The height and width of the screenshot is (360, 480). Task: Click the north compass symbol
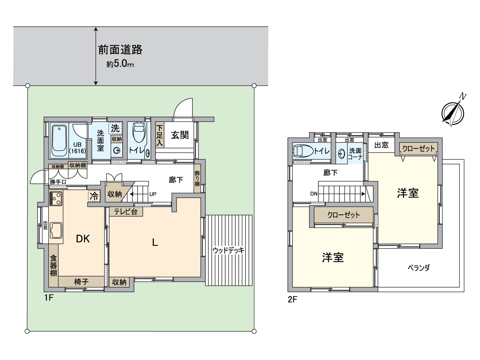453,113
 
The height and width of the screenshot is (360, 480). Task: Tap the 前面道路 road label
120,50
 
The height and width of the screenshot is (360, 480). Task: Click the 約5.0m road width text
120,64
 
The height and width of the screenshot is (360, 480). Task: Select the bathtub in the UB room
59,141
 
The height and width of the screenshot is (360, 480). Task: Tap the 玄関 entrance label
180,135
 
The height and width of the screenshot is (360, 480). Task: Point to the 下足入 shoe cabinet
159,136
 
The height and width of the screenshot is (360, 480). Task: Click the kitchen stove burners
56,198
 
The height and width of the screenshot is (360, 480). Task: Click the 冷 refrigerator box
94,196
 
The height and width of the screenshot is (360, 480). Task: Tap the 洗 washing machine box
115,128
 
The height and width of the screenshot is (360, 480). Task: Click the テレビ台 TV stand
126,211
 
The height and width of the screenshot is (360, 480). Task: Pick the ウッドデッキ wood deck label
228,250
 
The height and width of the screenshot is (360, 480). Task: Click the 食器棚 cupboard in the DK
53,265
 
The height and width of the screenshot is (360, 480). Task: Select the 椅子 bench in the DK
81,282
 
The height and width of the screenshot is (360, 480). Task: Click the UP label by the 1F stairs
153,194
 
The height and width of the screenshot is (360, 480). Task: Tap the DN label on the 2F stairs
314,194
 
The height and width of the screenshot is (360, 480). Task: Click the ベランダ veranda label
418,268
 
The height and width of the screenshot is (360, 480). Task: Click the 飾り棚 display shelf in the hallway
197,178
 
